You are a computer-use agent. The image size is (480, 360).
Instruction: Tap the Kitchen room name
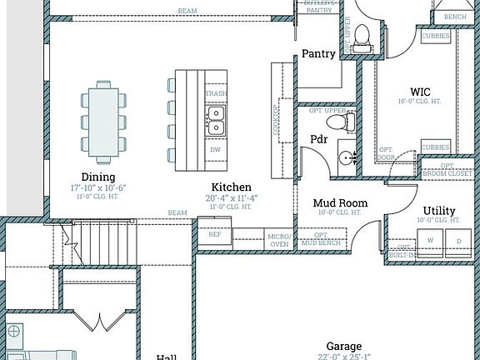coord(231,187)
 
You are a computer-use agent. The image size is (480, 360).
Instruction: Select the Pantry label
coord(318,54)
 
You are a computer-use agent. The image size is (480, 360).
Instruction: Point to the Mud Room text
coord(340,202)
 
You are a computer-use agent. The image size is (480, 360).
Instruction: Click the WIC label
coord(420,92)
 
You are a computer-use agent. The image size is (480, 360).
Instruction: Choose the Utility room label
coord(439,210)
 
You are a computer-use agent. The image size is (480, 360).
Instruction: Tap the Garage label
coord(343,346)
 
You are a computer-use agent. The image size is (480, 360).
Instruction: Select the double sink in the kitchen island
coord(216,121)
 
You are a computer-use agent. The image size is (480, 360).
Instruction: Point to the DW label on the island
coord(215,150)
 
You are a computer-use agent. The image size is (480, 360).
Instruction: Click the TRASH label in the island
coord(216,94)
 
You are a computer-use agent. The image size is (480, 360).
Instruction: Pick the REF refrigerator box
coord(214,235)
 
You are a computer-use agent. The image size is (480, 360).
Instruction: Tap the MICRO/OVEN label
coord(279,240)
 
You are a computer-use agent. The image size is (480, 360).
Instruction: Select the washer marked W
coord(431,240)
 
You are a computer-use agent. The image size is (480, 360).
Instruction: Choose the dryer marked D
coord(457,240)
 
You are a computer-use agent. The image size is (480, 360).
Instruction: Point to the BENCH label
coord(455,17)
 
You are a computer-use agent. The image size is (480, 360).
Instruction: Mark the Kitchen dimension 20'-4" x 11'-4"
coord(231,197)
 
